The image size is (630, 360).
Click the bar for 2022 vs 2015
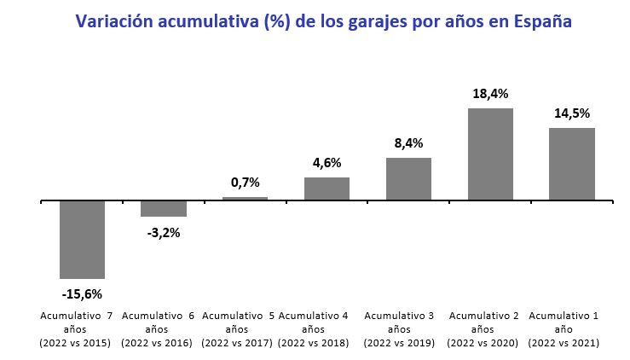pos(82,240)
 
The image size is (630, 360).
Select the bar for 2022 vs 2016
pos(164,209)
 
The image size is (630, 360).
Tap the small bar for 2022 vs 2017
pos(245,199)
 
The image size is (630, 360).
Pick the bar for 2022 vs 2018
pos(327,189)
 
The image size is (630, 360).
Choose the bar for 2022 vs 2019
pos(408,179)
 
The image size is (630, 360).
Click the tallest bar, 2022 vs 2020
pos(490,154)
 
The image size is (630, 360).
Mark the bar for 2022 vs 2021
pos(571,164)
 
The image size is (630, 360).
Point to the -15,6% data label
pos(82,294)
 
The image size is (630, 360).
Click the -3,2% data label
pos(164,232)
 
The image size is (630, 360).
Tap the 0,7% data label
pos(245,182)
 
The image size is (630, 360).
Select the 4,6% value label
pos(327,162)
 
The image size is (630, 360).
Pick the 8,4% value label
pos(408,142)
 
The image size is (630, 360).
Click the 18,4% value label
pos(490,92)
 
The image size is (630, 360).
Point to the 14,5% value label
pos(571,113)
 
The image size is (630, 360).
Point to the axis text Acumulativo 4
pos(314,316)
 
